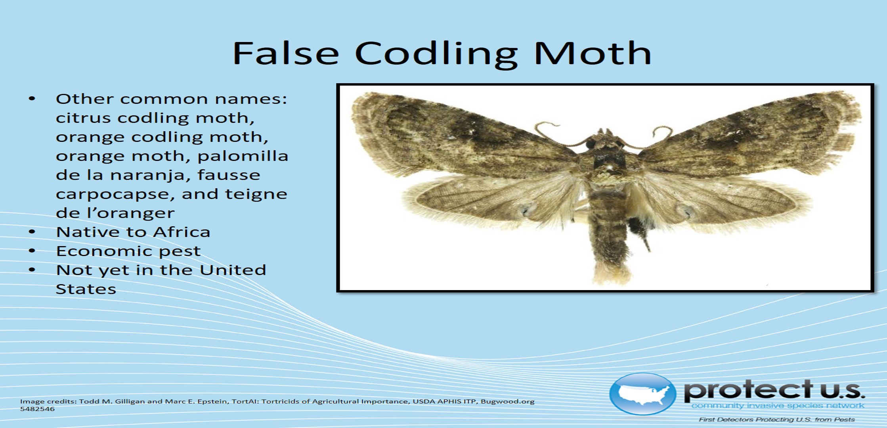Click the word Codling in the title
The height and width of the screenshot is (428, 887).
pyautogui.click(x=436, y=53)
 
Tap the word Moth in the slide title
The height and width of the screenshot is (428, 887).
pyautogui.click(x=593, y=53)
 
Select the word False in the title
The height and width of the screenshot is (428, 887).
pyautogui.click(x=285, y=53)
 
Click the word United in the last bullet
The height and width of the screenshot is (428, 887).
pyautogui.click(x=233, y=270)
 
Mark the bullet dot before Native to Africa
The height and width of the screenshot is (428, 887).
pyautogui.click(x=32, y=232)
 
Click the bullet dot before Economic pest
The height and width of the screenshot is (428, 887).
pyautogui.click(x=32, y=251)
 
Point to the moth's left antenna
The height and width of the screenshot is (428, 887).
pyautogui.click(x=555, y=135)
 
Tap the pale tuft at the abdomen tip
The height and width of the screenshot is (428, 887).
pyautogui.click(x=610, y=273)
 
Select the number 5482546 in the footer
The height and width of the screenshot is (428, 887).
pyautogui.click(x=37, y=409)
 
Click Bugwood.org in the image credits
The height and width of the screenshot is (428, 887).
pyautogui.click(x=508, y=401)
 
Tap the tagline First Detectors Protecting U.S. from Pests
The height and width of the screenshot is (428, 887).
pyautogui.click(x=777, y=420)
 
